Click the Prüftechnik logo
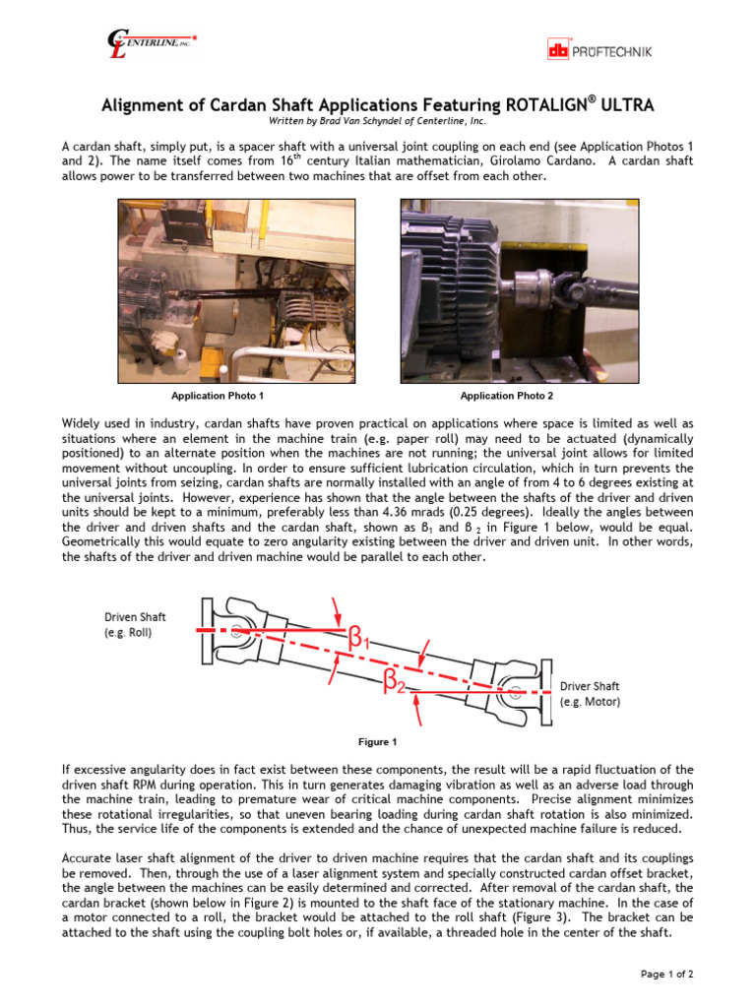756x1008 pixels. click(598, 49)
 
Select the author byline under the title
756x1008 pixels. click(377, 122)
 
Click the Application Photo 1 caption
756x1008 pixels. click(218, 396)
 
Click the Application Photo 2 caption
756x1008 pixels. click(507, 396)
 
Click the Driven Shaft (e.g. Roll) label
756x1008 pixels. click(135, 625)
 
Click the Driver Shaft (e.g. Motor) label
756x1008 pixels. click(590, 694)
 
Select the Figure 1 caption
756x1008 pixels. click(377, 741)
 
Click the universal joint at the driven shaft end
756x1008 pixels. click(236, 631)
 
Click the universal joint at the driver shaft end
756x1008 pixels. click(513, 692)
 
